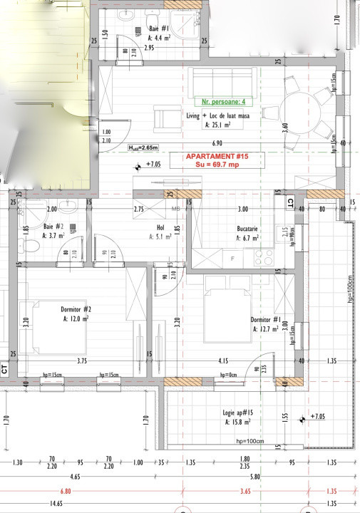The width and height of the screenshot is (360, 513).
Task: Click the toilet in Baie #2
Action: point(29,247)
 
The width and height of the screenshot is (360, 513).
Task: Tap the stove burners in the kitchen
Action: point(263,257)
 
